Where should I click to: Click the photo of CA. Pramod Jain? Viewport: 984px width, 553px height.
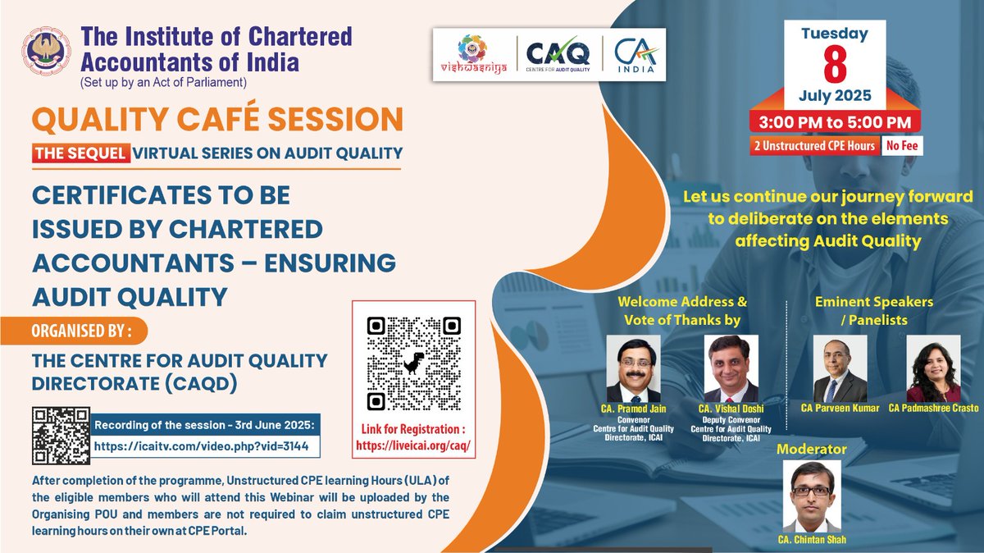point(633,368)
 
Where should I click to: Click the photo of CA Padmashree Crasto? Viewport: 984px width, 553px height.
point(933,368)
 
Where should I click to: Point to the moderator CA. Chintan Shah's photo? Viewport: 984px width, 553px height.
point(811,496)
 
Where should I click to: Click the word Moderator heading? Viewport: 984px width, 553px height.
point(811,449)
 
